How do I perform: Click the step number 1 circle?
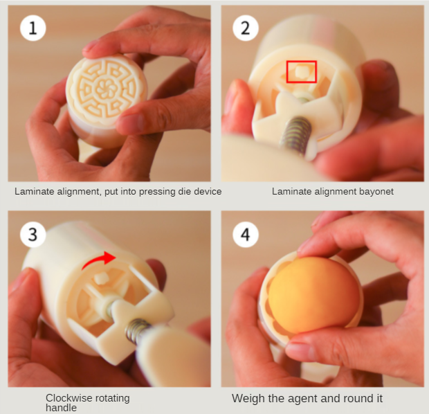click(x=33, y=28)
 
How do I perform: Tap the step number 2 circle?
click(x=246, y=28)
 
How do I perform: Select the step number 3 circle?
click(x=33, y=235)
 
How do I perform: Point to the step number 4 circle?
click(x=246, y=235)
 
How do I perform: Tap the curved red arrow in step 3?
click(x=97, y=259)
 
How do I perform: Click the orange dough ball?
click(x=314, y=295)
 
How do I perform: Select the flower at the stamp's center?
click(x=106, y=88)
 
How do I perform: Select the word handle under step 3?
click(x=61, y=408)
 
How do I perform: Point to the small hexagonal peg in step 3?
click(x=100, y=278)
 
